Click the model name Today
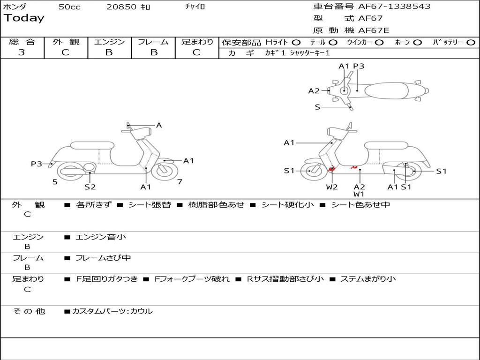click(x=24, y=18)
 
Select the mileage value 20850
click(x=121, y=7)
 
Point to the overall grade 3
click(x=22, y=52)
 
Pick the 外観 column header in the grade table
click(x=66, y=42)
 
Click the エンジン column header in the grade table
click(x=109, y=42)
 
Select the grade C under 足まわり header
click(x=196, y=52)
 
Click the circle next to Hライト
click(x=296, y=42)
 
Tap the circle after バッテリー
click(x=471, y=42)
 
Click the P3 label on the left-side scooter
click(x=37, y=164)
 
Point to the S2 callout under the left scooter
click(x=90, y=187)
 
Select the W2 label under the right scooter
click(x=332, y=187)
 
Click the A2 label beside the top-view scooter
click(x=314, y=91)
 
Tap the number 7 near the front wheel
click(x=180, y=182)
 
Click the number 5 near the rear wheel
click(x=55, y=182)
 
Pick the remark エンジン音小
click(x=101, y=237)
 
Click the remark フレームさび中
click(x=103, y=258)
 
